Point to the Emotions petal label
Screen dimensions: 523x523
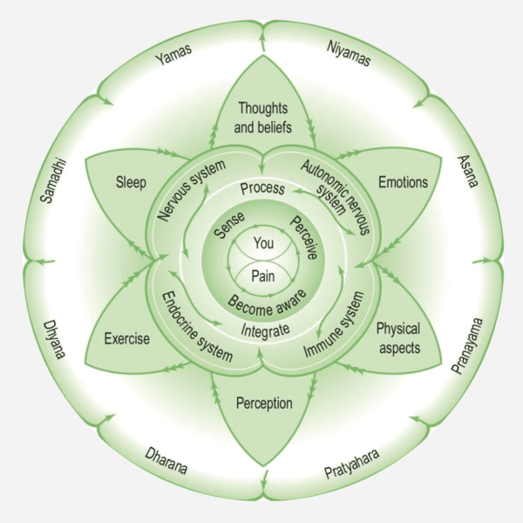coord(403,183)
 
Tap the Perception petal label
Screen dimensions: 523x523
coord(263,404)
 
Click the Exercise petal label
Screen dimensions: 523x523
coord(126,338)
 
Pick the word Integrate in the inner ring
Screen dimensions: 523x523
coord(263,328)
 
